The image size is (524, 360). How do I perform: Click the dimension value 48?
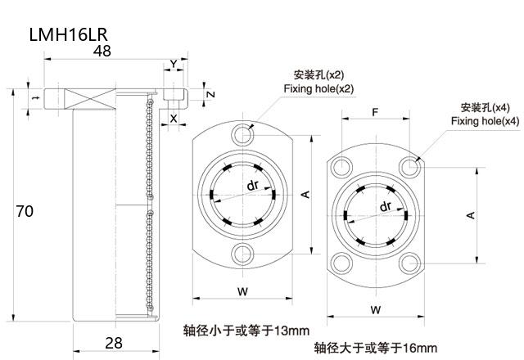[102, 52]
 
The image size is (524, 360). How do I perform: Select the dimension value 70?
[25, 211]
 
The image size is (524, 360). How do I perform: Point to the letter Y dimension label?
[173, 64]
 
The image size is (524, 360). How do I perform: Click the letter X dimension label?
[173, 117]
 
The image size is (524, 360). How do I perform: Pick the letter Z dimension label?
[210, 94]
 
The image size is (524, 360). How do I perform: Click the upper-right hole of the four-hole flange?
[409, 167]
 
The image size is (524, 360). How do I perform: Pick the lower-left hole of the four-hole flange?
[340, 263]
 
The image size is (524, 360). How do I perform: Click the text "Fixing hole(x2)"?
[318, 88]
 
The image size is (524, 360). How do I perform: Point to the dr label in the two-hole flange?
[253, 185]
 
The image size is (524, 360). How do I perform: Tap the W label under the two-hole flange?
[242, 290]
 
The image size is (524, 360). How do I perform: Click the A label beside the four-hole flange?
[470, 214]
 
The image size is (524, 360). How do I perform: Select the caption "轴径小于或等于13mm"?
[246, 331]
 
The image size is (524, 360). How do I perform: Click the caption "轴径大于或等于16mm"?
[376, 348]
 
